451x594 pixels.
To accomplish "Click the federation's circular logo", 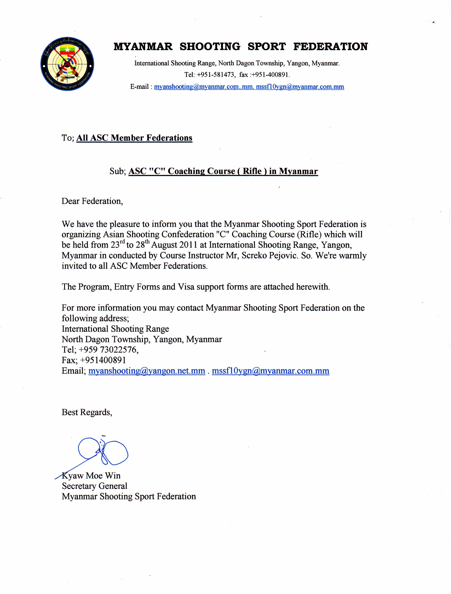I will tap(67, 64).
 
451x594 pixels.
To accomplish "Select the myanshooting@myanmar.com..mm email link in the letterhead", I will tap(203, 87).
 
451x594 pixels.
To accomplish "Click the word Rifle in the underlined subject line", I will tap(252, 171).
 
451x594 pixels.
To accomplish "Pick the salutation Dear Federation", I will tap(92, 201).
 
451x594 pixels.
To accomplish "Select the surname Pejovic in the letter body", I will tap(282, 255).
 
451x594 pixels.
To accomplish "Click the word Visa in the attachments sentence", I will tap(186, 287).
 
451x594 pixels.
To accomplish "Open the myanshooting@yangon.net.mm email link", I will tap(147, 371).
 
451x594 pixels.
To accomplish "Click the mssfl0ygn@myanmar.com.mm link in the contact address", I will tap(270, 371).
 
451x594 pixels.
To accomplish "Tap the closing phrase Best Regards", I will tap(87, 412).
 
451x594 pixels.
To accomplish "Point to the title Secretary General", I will tap(94, 486).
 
